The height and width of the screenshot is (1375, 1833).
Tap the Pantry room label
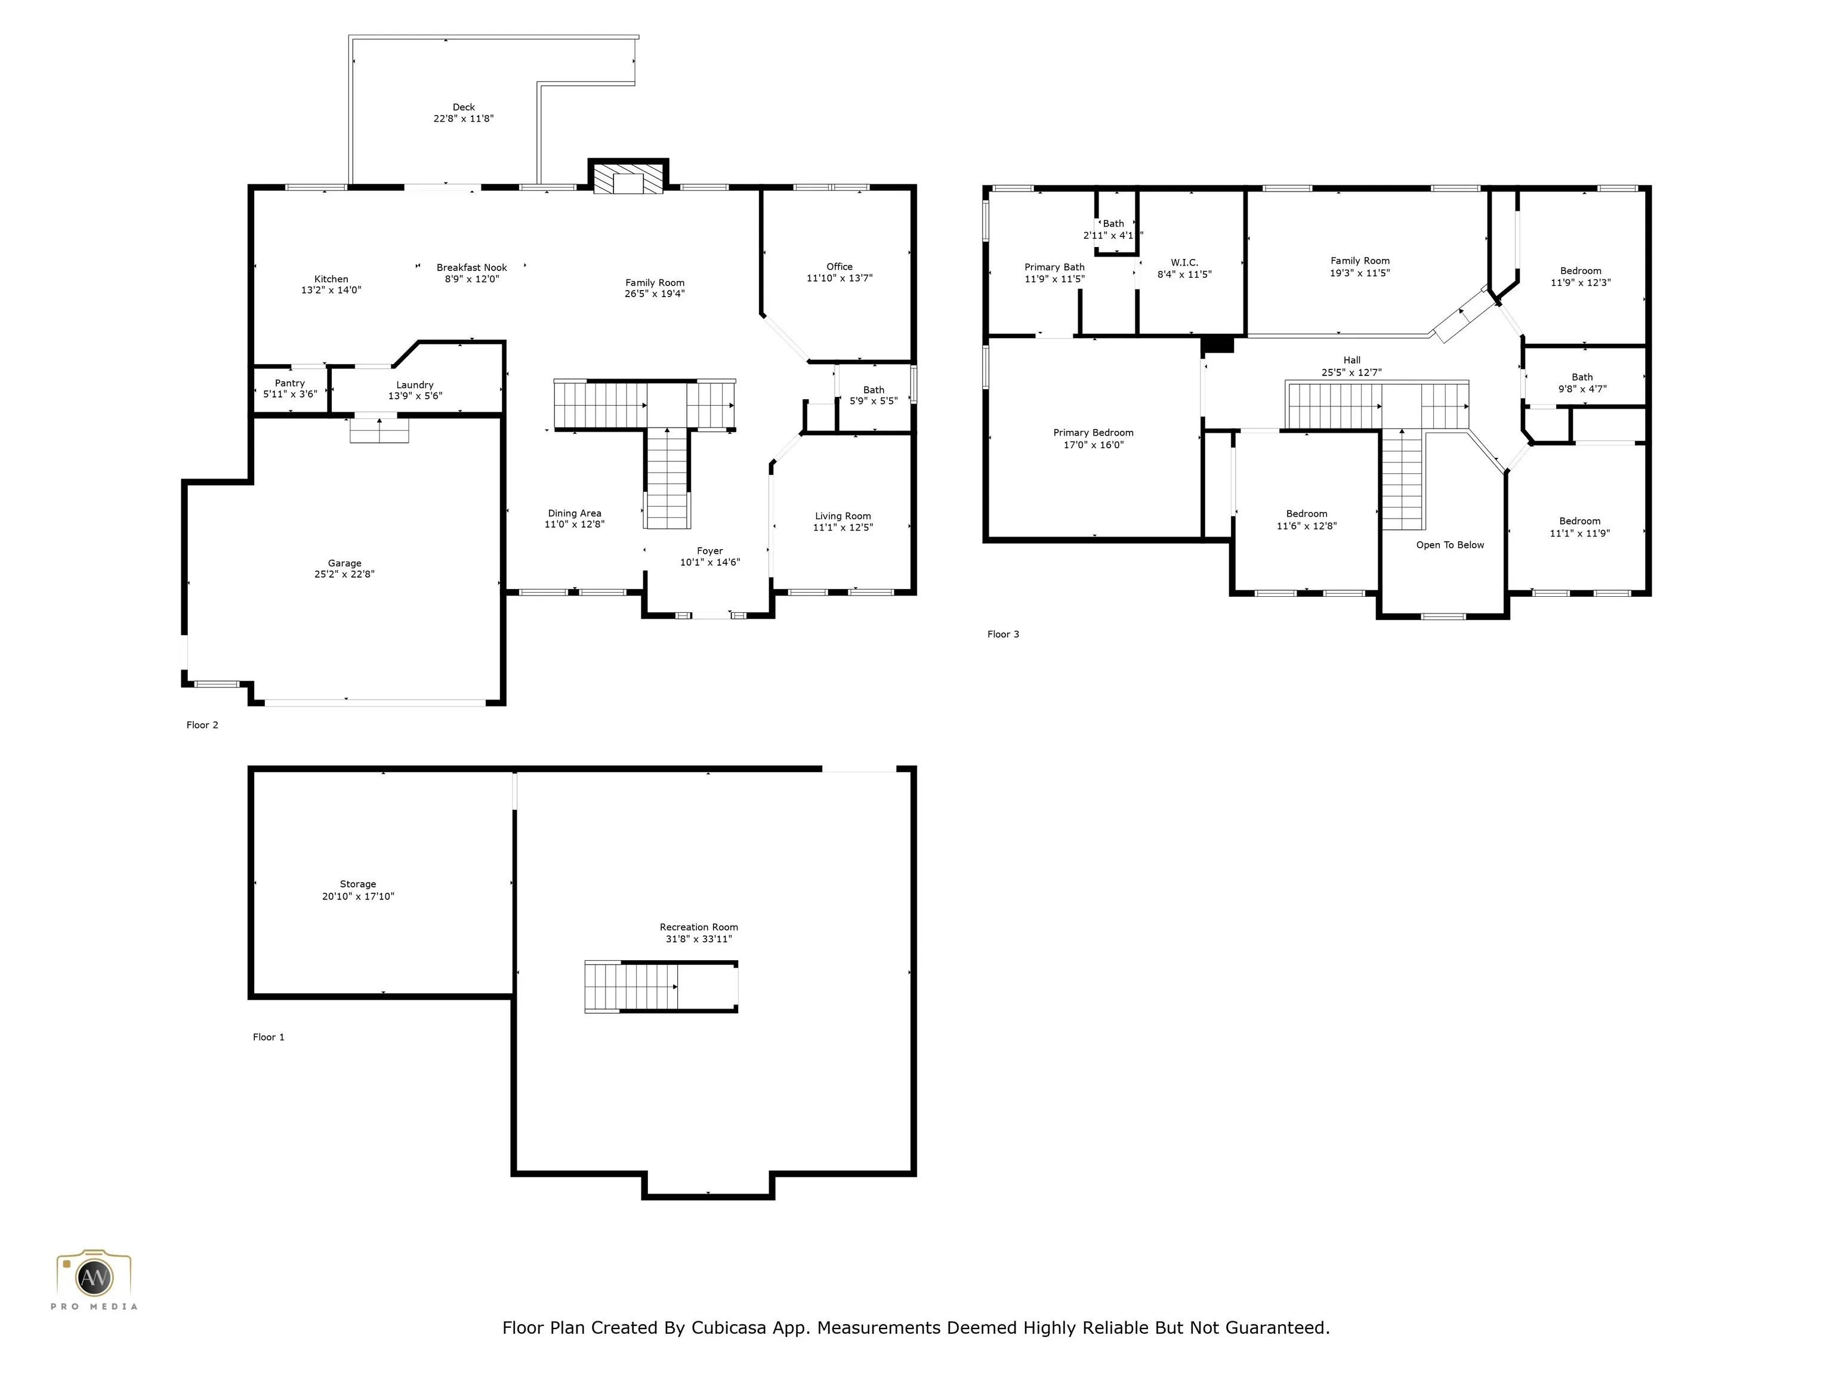click(290, 383)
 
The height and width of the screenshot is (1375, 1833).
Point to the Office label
click(840, 267)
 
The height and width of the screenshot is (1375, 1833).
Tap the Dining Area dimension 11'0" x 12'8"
click(574, 525)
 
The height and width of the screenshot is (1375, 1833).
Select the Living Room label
click(843, 516)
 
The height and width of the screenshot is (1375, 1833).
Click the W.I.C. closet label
click(1184, 263)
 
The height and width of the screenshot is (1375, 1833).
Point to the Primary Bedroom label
click(1093, 433)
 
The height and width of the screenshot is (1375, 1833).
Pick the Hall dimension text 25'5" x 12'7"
click(1351, 373)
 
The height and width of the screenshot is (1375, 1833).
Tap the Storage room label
click(358, 884)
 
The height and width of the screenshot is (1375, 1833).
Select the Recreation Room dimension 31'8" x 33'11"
click(699, 939)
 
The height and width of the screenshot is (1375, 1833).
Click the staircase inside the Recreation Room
click(661, 986)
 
